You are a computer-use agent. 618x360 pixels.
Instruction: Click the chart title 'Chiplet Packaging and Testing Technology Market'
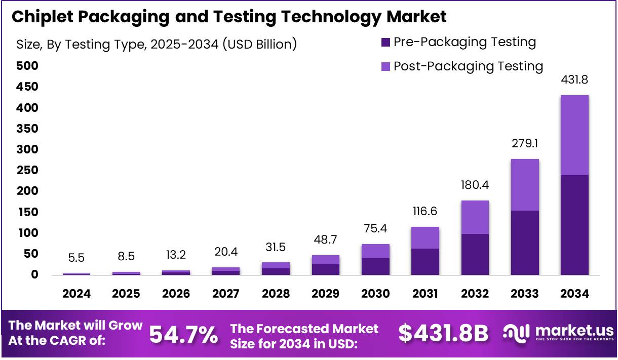point(229,17)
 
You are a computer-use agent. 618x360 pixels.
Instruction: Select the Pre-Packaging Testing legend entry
point(458,42)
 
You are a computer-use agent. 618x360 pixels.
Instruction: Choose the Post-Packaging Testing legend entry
point(461,66)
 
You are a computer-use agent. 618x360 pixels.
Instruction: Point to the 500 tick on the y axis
point(27,66)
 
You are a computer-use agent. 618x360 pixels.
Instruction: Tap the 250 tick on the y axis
point(27,170)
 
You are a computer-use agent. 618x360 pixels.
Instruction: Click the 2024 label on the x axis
point(76,294)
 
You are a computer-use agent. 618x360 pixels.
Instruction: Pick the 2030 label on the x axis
point(375,294)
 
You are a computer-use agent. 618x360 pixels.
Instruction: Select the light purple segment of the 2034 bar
point(574,135)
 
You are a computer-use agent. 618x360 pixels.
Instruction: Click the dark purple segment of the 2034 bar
point(574,225)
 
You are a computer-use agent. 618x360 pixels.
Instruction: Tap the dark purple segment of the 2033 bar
point(525,243)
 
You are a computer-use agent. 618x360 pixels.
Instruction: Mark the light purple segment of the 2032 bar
point(475,217)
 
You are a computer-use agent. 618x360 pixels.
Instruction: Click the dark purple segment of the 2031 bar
point(425,262)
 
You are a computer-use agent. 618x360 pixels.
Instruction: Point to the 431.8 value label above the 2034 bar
point(574,80)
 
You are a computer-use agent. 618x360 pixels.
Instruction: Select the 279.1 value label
point(525,144)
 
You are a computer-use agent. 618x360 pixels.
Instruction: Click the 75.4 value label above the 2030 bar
point(375,228)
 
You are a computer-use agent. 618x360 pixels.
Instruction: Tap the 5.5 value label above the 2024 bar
point(76,258)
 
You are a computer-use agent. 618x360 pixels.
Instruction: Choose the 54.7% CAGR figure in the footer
point(183,334)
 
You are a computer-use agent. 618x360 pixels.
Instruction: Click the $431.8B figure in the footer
point(443,334)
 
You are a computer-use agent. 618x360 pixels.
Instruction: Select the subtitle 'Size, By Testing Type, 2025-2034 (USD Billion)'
point(157,44)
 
